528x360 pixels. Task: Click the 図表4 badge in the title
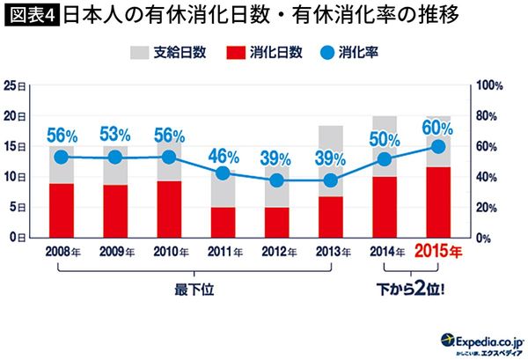click(31, 17)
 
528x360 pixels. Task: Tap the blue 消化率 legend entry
click(346, 53)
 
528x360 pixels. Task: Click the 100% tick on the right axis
click(489, 85)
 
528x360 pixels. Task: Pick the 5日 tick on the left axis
click(16, 208)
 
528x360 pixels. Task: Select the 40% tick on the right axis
click(487, 177)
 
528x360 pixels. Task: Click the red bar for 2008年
click(61, 210)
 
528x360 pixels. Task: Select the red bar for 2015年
click(437, 202)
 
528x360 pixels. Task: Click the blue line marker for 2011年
click(223, 173)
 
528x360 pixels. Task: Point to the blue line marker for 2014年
click(384, 159)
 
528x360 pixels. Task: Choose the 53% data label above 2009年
click(115, 135)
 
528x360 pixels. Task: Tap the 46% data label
click(223, 156)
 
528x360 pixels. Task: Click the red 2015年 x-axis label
click(437, 252)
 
